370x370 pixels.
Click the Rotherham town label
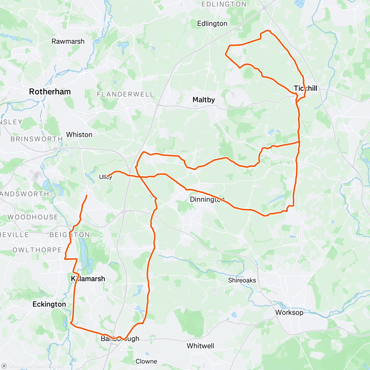coord(50,92)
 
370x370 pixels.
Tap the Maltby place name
coord(203,100)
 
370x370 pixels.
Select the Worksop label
coord(289,312)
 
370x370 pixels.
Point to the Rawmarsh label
coord(68,41)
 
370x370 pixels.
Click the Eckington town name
coord(49,304)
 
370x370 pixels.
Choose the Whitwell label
coord(200,346)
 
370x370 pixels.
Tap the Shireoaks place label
coord(242,280)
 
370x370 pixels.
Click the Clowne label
coord(146,361)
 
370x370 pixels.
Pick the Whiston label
coord(79,134)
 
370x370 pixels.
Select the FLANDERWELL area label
coord(125,94)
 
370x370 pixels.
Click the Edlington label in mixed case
coord(212,23)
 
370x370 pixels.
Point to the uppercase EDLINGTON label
coord(224,4)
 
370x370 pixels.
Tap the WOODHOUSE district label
coord(33,217)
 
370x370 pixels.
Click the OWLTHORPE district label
coord(37,250)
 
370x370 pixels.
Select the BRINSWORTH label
coord(37,139)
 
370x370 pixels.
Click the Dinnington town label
coord(207,199)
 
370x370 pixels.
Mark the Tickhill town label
coord(305,88)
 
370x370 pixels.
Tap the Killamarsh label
coord(88,279)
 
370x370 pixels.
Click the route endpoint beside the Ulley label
coord(107,176)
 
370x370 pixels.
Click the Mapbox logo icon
coord(4,366)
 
